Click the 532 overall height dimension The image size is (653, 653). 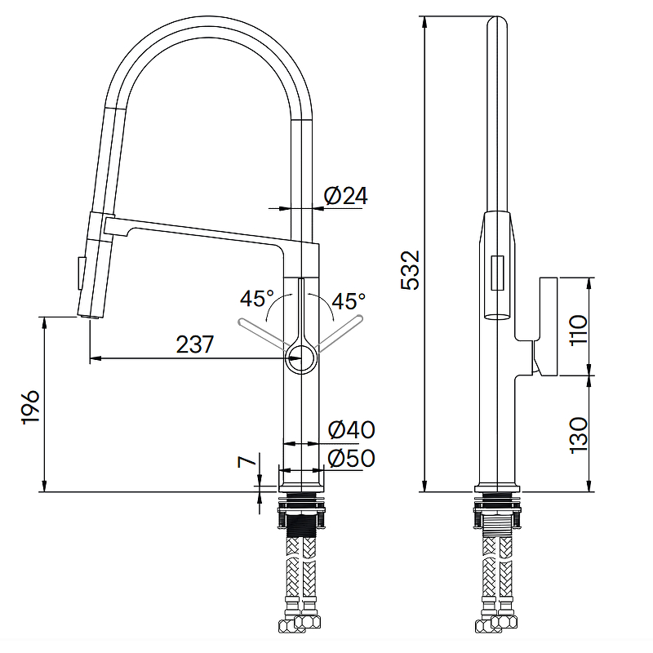point(410,270)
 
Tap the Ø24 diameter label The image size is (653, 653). point(345,196)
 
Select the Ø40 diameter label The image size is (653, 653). point(352,429)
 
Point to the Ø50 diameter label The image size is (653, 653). point(352,458)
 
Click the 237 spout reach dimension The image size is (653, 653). point(195,344)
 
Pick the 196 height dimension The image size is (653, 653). point(30,407)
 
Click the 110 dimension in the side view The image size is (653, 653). point(579,330)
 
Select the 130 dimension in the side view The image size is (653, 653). point(579,436)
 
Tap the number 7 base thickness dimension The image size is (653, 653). point(247,461)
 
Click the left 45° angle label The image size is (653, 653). point(257,298)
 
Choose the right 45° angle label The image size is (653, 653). point(349,300)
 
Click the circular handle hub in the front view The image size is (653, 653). point(300,358)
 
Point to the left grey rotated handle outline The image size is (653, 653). point(263,332)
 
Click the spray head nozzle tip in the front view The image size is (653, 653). point(89,316)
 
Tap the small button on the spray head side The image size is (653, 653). point(78,273)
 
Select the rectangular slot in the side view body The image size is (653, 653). point(498,273)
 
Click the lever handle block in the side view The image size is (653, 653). point(548,326)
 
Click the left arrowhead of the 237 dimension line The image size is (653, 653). point(96,358)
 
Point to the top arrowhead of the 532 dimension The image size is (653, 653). point(424,22)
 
